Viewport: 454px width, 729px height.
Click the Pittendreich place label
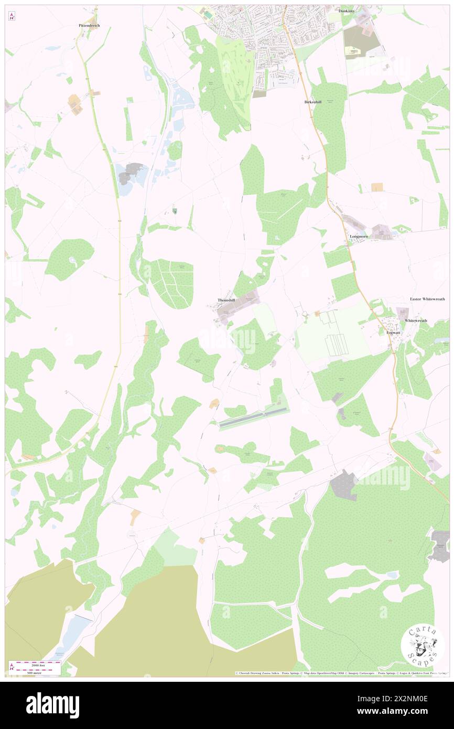point(89,25)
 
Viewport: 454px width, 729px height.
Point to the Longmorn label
point(359,237)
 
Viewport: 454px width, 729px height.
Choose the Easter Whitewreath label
point(427,299)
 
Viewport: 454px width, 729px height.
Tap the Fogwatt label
point(393,333)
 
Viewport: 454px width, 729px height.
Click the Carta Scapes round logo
point(423,645)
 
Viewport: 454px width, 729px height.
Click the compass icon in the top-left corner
point(12,17)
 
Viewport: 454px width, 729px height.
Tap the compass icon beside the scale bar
point(12,667)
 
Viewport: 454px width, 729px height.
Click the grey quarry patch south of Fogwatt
point(344,485)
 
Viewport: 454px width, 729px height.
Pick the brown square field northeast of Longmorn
point(377,187)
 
